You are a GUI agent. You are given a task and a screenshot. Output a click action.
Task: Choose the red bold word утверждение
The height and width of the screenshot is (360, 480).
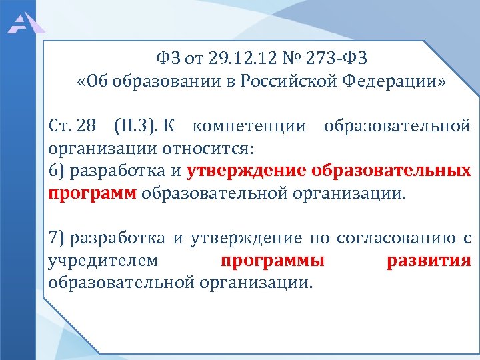pyautogui.click(x=245, y=171)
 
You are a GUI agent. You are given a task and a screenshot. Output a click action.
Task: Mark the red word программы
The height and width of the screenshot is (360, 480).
pyautogui.click(x=272, y=260)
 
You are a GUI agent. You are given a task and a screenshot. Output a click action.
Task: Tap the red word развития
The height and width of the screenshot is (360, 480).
pyautogui.click(x=429, y=260)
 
